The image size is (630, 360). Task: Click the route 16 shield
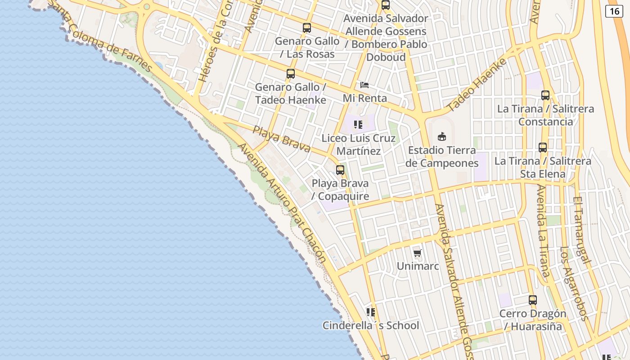[614, 11]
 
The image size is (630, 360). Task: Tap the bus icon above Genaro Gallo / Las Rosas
[307, 28]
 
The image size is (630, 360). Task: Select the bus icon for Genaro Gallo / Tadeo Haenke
[291, 74]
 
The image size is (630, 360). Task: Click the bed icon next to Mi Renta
[364, 85]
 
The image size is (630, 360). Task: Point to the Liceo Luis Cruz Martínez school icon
[358, 125]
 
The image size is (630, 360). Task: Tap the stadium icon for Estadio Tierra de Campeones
[442, 136]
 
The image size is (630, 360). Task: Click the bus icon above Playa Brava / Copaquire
[340, 170]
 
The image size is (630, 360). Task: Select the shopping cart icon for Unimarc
[418, 253]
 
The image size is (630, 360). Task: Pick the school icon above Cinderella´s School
[371, 312]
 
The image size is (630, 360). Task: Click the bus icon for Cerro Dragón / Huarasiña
[533, 300]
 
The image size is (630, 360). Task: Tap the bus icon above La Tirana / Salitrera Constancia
[545, 95]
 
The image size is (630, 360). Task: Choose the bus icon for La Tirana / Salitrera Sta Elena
[543, 148]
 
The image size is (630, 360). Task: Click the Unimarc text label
[418, 266]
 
